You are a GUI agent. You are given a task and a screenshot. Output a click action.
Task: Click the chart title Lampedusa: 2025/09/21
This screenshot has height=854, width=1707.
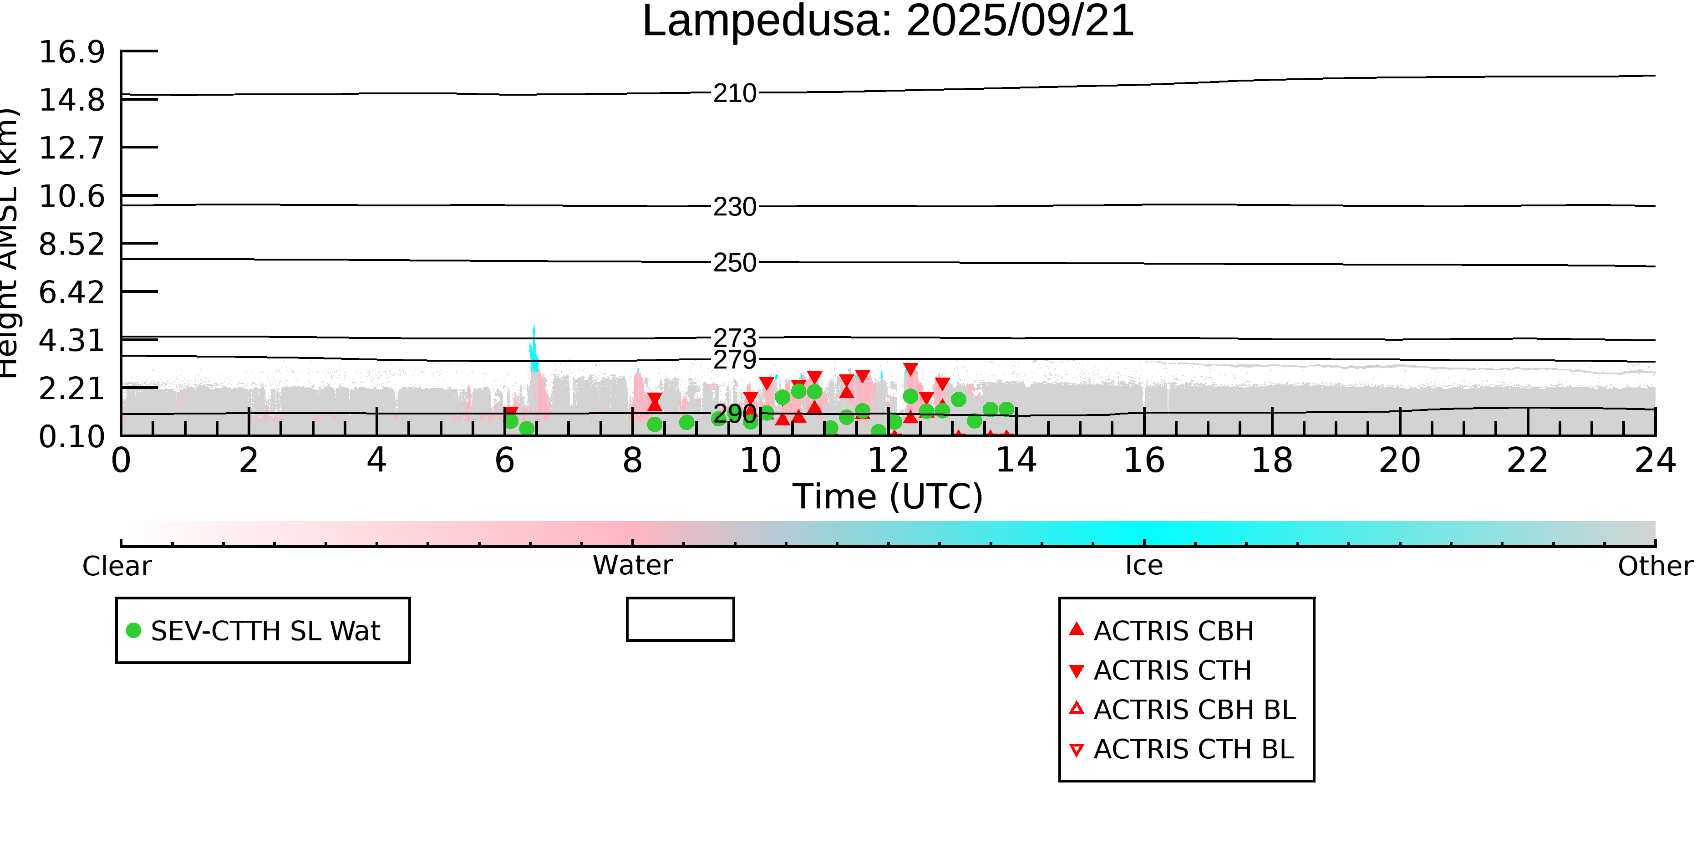(x=888, y=21)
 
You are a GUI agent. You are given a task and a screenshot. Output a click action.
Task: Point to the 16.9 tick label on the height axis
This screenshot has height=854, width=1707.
(x=71, y=52)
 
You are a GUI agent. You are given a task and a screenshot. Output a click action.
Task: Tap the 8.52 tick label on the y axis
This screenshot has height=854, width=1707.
(x=71, y=245)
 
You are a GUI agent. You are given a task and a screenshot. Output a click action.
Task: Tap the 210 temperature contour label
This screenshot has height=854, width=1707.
(x=734, y=93)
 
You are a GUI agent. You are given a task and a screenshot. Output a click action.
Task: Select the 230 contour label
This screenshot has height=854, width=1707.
(x=734, y=207)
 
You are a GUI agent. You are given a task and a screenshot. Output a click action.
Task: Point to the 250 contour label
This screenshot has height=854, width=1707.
(x=734, y=263)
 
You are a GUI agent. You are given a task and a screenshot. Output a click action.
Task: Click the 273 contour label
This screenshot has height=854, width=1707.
(x=734, y=338)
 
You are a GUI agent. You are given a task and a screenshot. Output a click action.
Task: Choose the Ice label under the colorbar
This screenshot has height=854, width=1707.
(x=1144, y=566)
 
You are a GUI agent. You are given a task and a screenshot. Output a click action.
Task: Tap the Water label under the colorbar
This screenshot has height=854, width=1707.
(x=633, y=566)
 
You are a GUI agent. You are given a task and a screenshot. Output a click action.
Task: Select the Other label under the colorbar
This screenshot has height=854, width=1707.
(x=1655, y=566)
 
